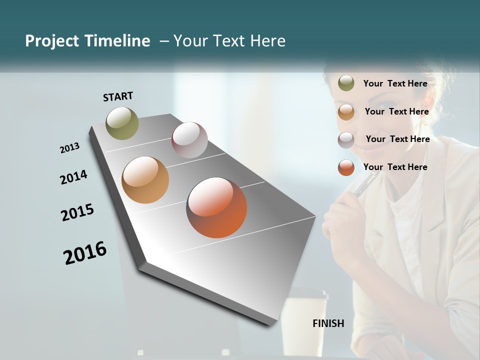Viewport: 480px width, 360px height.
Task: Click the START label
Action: (118, 96)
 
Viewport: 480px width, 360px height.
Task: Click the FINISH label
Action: (328, 323)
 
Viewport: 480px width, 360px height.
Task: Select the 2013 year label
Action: (69, 148)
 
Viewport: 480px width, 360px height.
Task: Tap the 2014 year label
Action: (73, 177)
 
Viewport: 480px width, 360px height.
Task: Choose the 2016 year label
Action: (85, 252)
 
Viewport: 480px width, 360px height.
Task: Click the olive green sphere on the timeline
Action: (122, 123)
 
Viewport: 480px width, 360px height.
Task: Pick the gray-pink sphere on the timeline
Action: (189, 139)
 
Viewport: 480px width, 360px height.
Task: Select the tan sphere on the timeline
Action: (145, 180)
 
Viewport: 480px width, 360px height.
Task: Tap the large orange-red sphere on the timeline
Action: (216, 207)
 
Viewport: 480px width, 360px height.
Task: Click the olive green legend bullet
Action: (346, 83)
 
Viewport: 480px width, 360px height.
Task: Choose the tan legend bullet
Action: (346, 111)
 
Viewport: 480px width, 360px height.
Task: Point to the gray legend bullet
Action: (346, 140)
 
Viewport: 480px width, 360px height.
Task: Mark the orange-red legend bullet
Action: (346, 167)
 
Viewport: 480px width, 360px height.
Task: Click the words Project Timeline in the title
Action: (87, 41)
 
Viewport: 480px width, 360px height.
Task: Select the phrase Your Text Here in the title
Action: (229, 41)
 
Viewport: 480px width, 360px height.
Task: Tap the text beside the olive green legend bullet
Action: (395, 83)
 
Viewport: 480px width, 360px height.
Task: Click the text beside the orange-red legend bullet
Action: (395, 167)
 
